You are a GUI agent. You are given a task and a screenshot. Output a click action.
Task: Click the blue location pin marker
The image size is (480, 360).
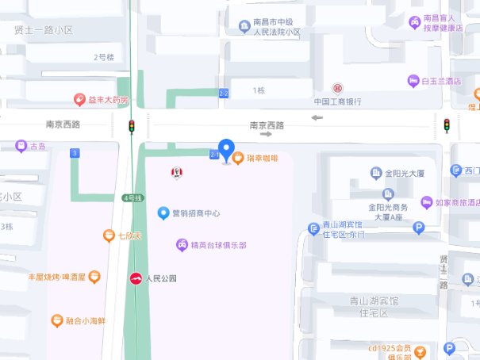coord(226,149)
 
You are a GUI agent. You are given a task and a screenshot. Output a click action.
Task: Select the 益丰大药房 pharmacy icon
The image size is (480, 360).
coord(79,99)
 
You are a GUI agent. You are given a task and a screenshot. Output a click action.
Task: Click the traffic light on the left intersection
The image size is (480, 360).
coord(132,126)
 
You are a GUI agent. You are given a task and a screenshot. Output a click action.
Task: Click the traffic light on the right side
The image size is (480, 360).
coord(447,125)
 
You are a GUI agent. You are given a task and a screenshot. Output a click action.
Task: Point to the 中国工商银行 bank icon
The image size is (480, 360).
coord(338,88)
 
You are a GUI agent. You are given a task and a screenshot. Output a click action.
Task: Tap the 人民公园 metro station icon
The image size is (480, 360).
coord(136,278)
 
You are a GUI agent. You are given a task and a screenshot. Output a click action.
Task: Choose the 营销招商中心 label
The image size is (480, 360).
coord(195,213)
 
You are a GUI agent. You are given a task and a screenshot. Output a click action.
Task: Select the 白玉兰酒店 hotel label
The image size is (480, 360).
coord(441,81)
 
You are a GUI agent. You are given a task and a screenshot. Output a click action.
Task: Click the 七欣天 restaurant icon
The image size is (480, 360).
coord(109,236)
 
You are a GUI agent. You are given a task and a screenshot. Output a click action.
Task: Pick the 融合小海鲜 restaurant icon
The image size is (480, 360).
coord(56,321)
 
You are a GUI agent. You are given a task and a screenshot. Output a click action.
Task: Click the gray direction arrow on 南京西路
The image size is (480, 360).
coord(317,118)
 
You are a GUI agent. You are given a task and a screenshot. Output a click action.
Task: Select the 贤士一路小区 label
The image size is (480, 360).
coord(44,29)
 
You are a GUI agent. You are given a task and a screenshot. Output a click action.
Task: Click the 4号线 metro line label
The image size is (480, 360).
coord(131,197)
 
